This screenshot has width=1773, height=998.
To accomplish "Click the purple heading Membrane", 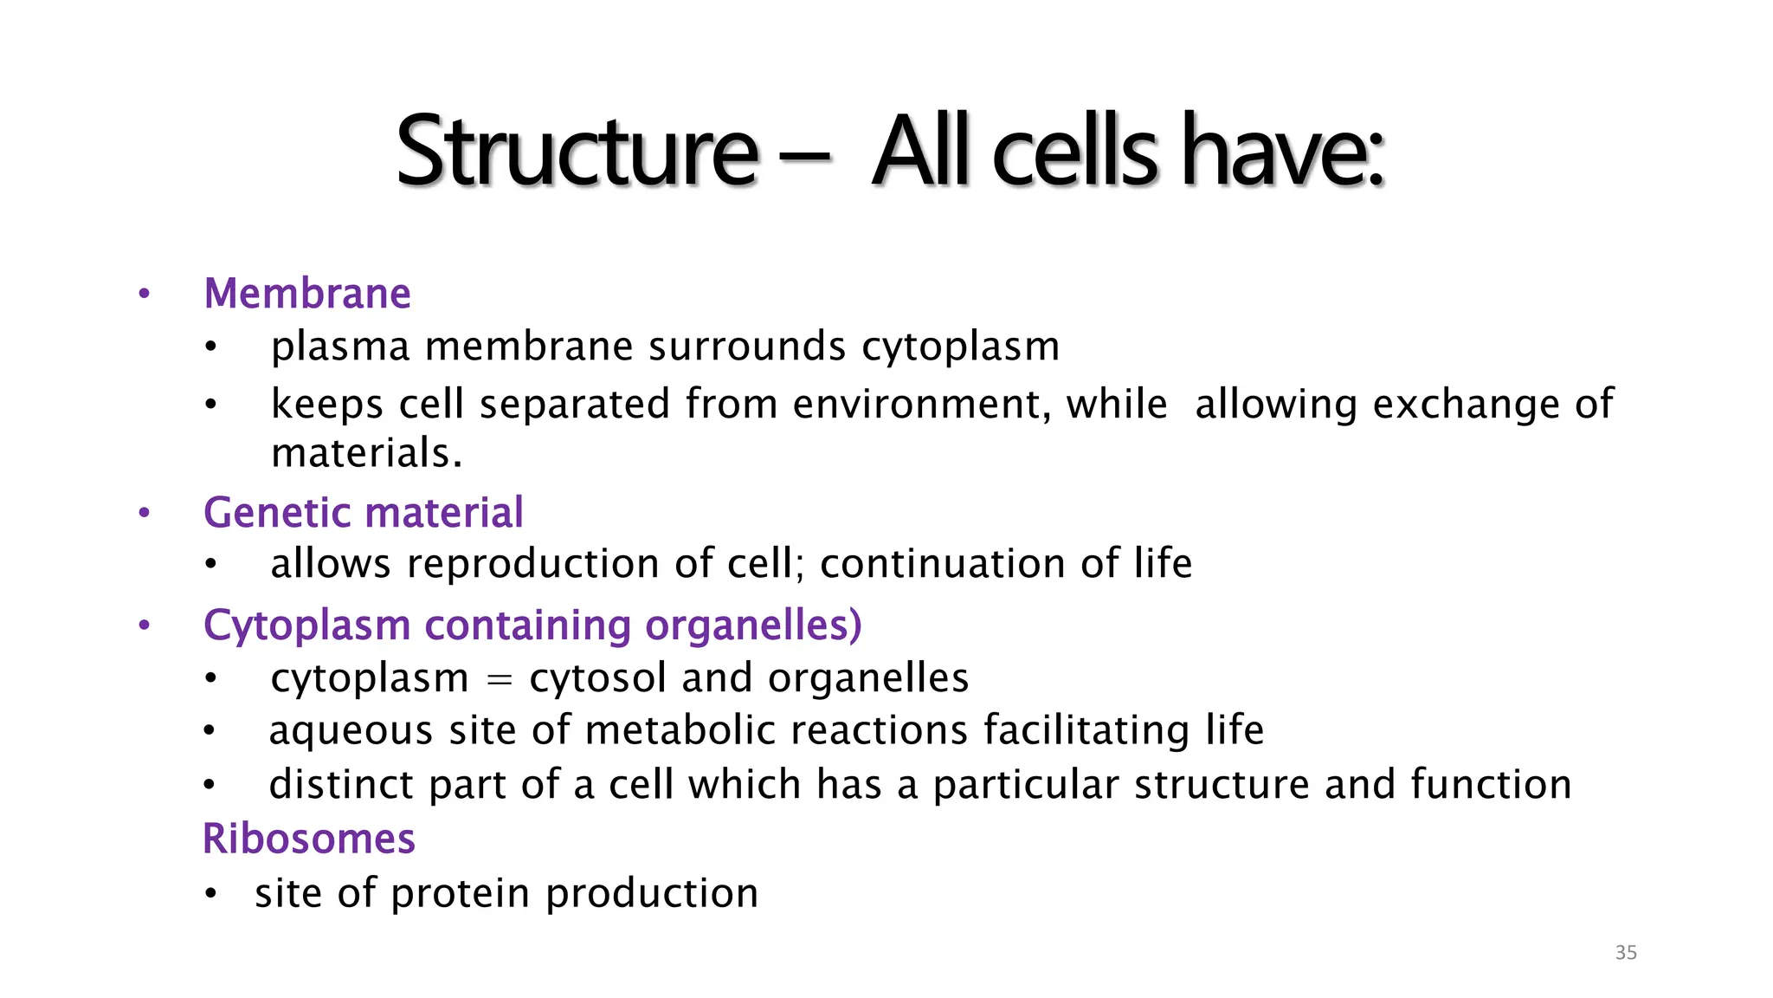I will click(x=306, y=294).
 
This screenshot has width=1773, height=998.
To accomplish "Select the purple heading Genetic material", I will click(x=363, y=513).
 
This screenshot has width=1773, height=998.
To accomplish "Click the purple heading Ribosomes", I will click(x=308, y=839).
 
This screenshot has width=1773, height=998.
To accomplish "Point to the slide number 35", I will click(x=1626, y=953).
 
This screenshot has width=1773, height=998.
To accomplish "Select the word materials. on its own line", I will click(x=366, y=453).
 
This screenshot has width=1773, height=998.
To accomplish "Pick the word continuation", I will click(x=942, y=564).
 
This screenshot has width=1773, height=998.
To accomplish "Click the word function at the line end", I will click(x=1491, y=785).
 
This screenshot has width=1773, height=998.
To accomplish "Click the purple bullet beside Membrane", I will click(x=145, y=295).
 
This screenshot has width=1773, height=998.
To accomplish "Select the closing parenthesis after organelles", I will click(x=855, y=625).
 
